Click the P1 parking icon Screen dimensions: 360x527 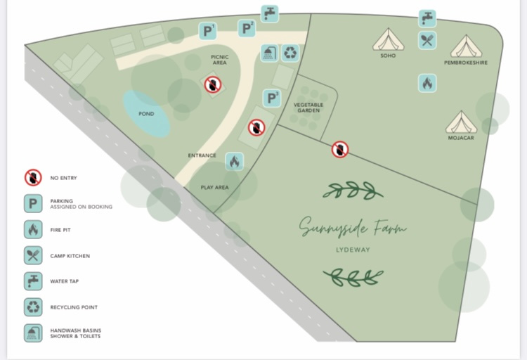coord(208,31)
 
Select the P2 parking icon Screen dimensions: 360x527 coord(247,29)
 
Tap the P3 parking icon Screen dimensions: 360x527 coord(272,98)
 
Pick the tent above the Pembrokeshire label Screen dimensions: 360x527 coord(466,46)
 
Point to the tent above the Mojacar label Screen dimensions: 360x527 coord(462,122)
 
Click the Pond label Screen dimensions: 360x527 coord(146,114)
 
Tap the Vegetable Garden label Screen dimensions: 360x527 coord(308,107)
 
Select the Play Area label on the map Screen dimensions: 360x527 coord(215,188)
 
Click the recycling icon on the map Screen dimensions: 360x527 coord(290,53)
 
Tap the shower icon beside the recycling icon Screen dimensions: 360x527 coord(269,53)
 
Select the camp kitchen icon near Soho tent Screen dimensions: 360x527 coord(427,40)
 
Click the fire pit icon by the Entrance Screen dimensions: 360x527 coord(235,161)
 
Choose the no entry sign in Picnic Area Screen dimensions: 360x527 coord(213,85)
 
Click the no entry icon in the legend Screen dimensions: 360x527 coord(33,178)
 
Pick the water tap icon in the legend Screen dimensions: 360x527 coord(33,281)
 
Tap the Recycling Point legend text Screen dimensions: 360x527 coord(74,307)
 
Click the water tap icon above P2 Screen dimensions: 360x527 coord(270,13)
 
